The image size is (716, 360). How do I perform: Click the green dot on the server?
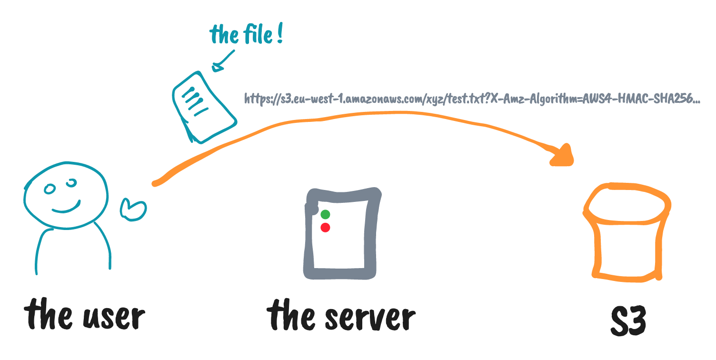click(325, 214)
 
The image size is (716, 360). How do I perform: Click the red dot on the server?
click(325, 228)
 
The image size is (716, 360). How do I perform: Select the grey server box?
click(342, 233)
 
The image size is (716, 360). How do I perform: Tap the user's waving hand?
click(133, 209)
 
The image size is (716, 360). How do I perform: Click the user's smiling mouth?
click(66, 208)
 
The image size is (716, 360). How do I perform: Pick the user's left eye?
click(50, 190)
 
